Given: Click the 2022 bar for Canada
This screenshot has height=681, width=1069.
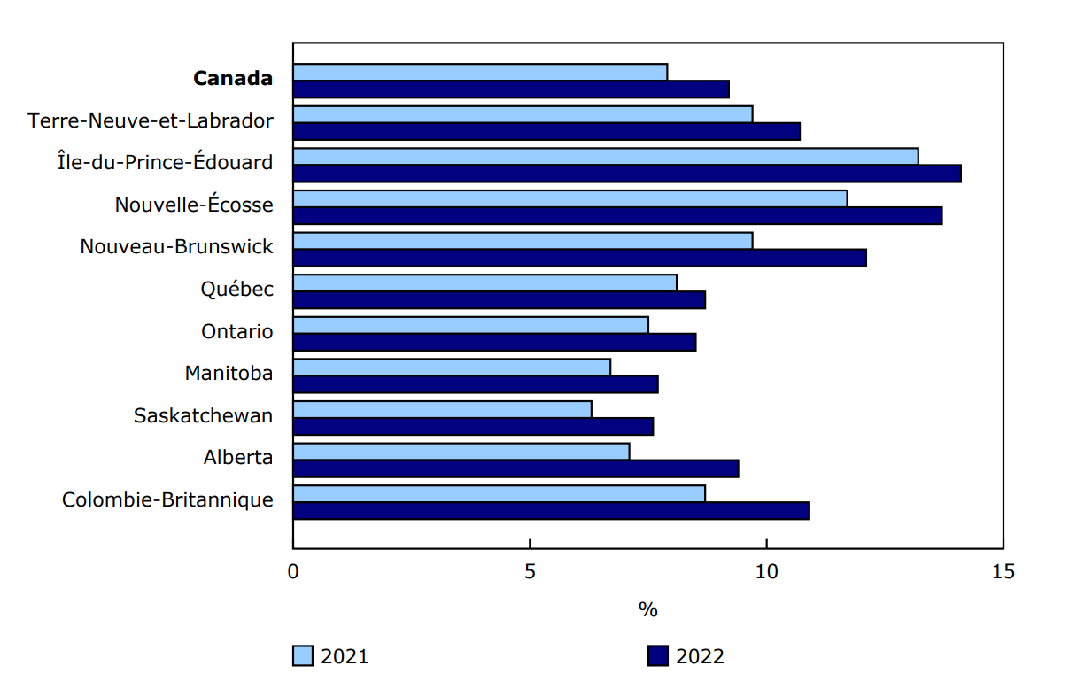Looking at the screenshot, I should (x=511, y=89).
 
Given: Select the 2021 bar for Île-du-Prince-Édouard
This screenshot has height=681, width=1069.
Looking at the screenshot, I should (x=606, y=156).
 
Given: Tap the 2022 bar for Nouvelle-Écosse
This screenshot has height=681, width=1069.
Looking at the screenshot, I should (x=617, y=215).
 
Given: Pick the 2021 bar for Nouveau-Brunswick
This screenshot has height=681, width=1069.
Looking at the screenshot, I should (x=523, y=240).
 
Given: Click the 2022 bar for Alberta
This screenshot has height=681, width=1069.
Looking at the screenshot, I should (x=515, y=468).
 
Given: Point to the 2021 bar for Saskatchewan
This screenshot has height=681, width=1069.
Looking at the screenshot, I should (x=442, y=409).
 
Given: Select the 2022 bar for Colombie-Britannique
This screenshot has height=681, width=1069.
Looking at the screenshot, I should (x=551, y=511).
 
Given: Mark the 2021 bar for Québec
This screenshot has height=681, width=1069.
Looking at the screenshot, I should (x=484, y=282).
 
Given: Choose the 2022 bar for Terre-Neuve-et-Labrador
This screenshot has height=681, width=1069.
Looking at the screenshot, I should (x=546, y=131).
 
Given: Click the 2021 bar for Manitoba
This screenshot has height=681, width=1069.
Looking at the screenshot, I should (x=452, y=367).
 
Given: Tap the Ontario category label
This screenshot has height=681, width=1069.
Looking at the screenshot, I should (x=236, y=331).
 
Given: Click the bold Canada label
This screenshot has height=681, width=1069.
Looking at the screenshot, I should (x=232, y=78).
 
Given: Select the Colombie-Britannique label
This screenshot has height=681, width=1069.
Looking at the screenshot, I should (x=167, y=499).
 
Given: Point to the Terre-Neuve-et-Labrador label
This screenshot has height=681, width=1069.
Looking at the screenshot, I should (x=151, y=120).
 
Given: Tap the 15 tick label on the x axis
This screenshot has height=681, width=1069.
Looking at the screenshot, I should (x=1003, y=571).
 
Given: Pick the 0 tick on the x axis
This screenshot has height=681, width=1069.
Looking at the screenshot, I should (x=293, y=571).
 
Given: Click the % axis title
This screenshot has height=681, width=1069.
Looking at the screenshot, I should (x=647, y=610).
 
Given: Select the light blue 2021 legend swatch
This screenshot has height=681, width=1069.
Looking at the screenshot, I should (x=303, y=656).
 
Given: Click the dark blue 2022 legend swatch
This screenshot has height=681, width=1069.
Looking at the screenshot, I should (x=657, y=656).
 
